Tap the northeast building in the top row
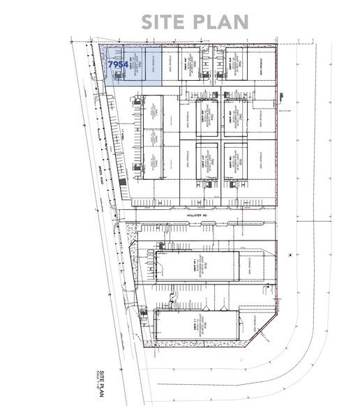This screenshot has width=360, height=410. (x=236, y=64)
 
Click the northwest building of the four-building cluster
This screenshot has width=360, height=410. (x=207, y=116)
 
